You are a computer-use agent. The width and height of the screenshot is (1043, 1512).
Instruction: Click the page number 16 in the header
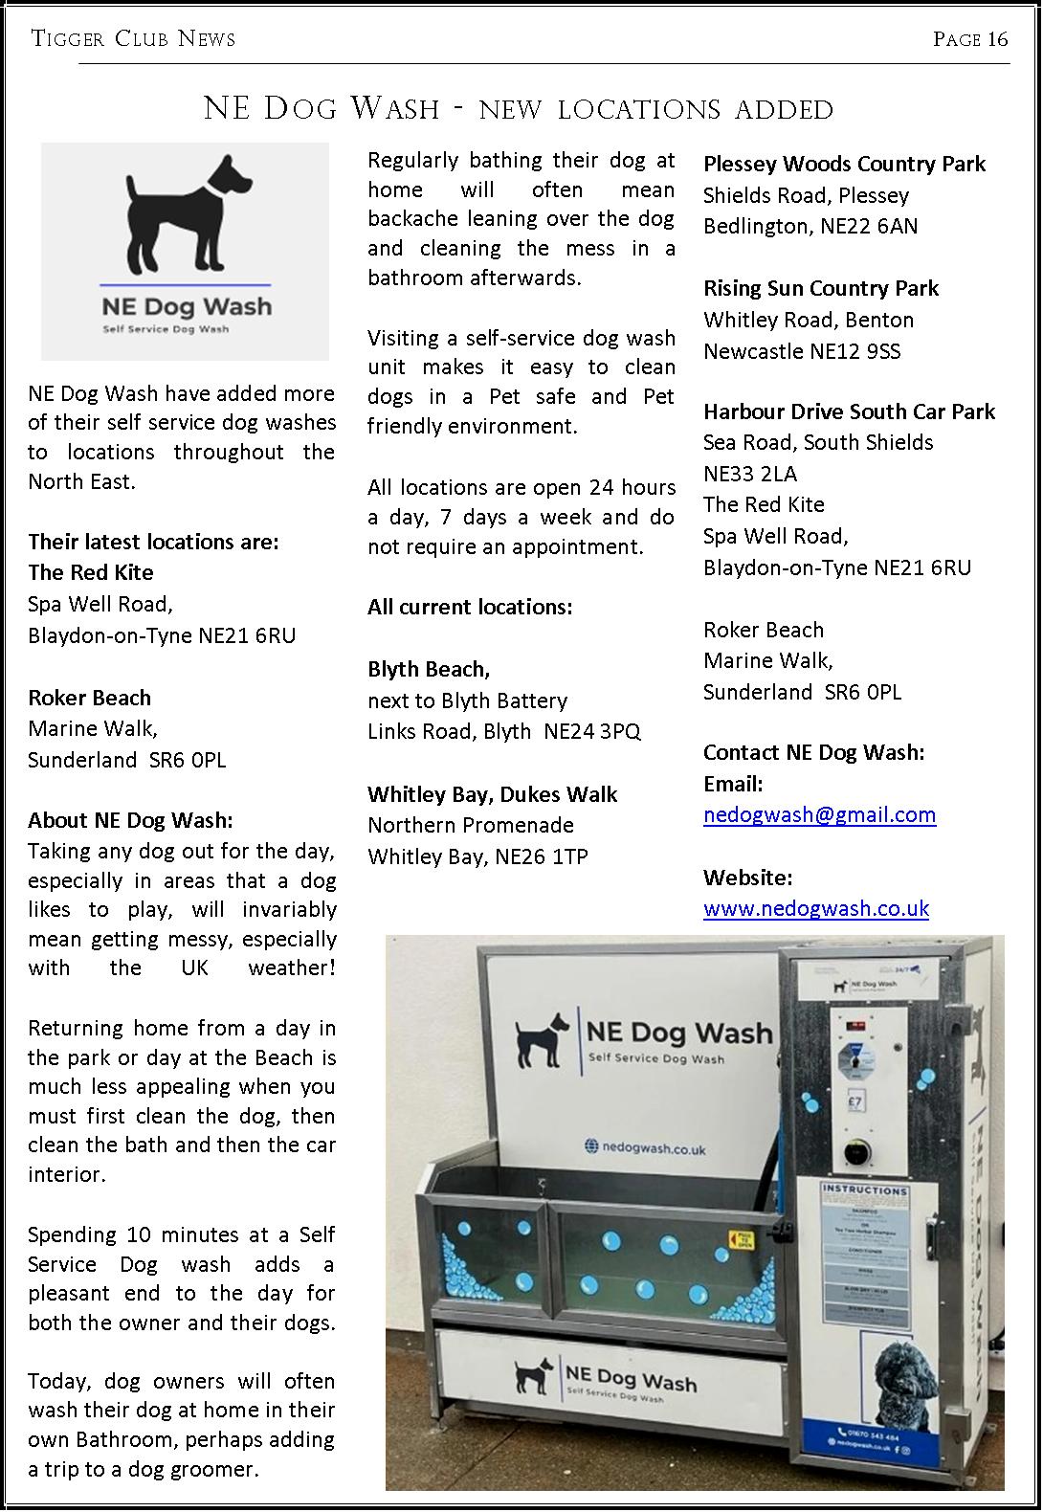pyautogui.click(x=998, y=39)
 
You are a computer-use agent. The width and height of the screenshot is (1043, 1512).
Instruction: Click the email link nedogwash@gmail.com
pyautogui.click(x=819, y=815)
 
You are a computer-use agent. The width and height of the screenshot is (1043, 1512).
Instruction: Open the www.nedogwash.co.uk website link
pyautogui.click(x=815, y=908)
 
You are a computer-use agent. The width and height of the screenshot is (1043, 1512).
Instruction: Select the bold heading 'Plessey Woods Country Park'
pyautogui.click(x=844, y=165)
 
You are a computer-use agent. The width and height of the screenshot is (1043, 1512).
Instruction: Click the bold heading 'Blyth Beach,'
pyautogui.click(x=429, y=669)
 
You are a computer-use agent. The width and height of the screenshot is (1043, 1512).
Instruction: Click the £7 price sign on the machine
pyautogui.click(x=854, y=1101)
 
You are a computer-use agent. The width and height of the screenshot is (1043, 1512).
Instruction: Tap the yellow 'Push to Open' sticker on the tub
pyautogui.click(x=741, y=1241)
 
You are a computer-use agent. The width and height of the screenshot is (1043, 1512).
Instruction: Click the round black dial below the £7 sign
pyautogui.click(x=854, y=1154)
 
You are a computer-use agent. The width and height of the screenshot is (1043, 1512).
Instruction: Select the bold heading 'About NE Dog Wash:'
pyautogui.click(x=130, y=821)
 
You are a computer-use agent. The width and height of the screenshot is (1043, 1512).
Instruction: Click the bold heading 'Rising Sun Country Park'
pyautogui.click(x=821, y=289)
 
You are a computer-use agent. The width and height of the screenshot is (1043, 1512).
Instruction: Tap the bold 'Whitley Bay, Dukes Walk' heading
pyautogui.click(x=492, y=794)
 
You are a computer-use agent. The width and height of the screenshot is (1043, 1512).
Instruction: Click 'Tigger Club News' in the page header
pyautogui.click(x=133, y=39)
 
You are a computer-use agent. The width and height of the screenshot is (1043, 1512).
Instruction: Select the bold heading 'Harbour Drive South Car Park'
pyautogui.click(x=849, y=411)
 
